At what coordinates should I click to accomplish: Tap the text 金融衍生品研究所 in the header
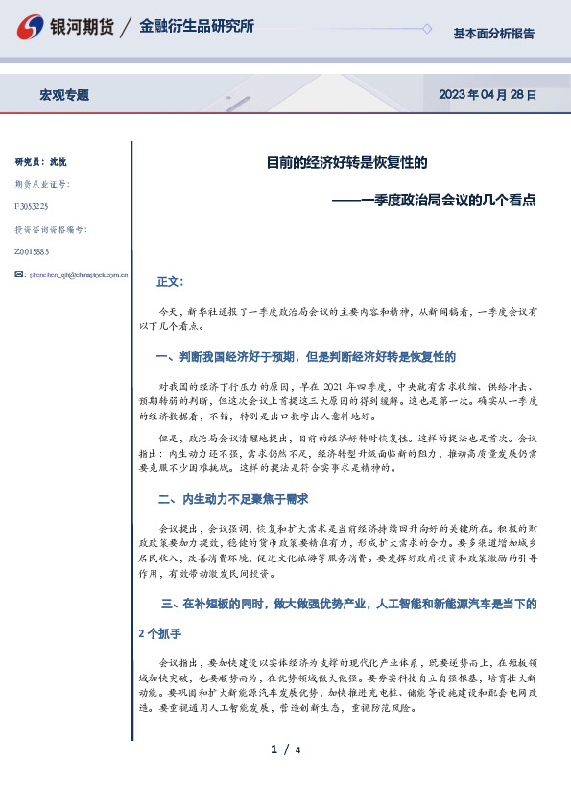[x=197, y=27]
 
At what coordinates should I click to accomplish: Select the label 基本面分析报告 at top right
[x=493, y=34]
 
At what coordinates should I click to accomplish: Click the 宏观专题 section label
[x=64, y=95]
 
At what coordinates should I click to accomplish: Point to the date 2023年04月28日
[x=487, y=95]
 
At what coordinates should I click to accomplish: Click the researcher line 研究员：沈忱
[x=41, y=162]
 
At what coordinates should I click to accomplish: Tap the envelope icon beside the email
[x=20, y=274]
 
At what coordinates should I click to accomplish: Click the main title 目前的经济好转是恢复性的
[x=346, y=163]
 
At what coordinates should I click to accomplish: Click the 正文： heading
[x=170, y=282]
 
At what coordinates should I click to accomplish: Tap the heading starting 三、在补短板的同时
[x=349, y=604]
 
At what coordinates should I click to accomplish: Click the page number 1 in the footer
[x=274, y=749]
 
